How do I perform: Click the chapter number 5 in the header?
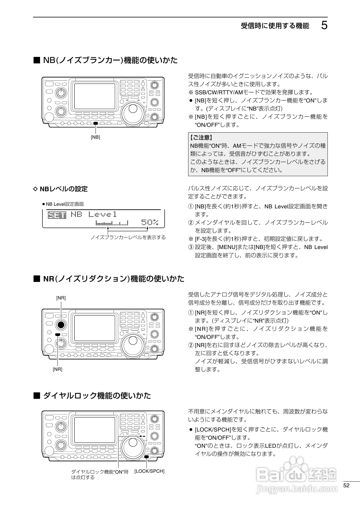pyautogui.click(x=324, y=26)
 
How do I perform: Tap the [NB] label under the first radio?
pyautogui.click(x=96, y=137)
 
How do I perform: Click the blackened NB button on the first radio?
pyautogui.click(x=96, y=124)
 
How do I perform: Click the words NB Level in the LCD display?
pyautogui.click(x=94, y=214)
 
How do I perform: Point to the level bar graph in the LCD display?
pyautogui.click(x=112, y=223)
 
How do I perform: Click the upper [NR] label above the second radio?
pyautogui.click(x=61, y=298)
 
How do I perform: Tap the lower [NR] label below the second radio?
pyautogui.click(x=57, y=369)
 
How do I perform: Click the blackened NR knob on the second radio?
pyautogui.click(x=61, y=325)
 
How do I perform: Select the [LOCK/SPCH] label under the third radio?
pyautogui.click(x=149, y=471)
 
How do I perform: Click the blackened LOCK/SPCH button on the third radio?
pyautogui.click(x=147, y=457)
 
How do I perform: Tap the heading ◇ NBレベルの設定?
pyautogui.click(x=61, y=189)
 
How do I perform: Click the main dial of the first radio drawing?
pyautogui.click(x=132, y=109)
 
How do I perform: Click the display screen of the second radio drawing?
pyautogui.click(x=95, y=328)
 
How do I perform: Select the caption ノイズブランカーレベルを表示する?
pyautogui.click(x=128, y=237)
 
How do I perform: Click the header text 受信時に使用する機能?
pyautogui.click(x=275, y=26)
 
